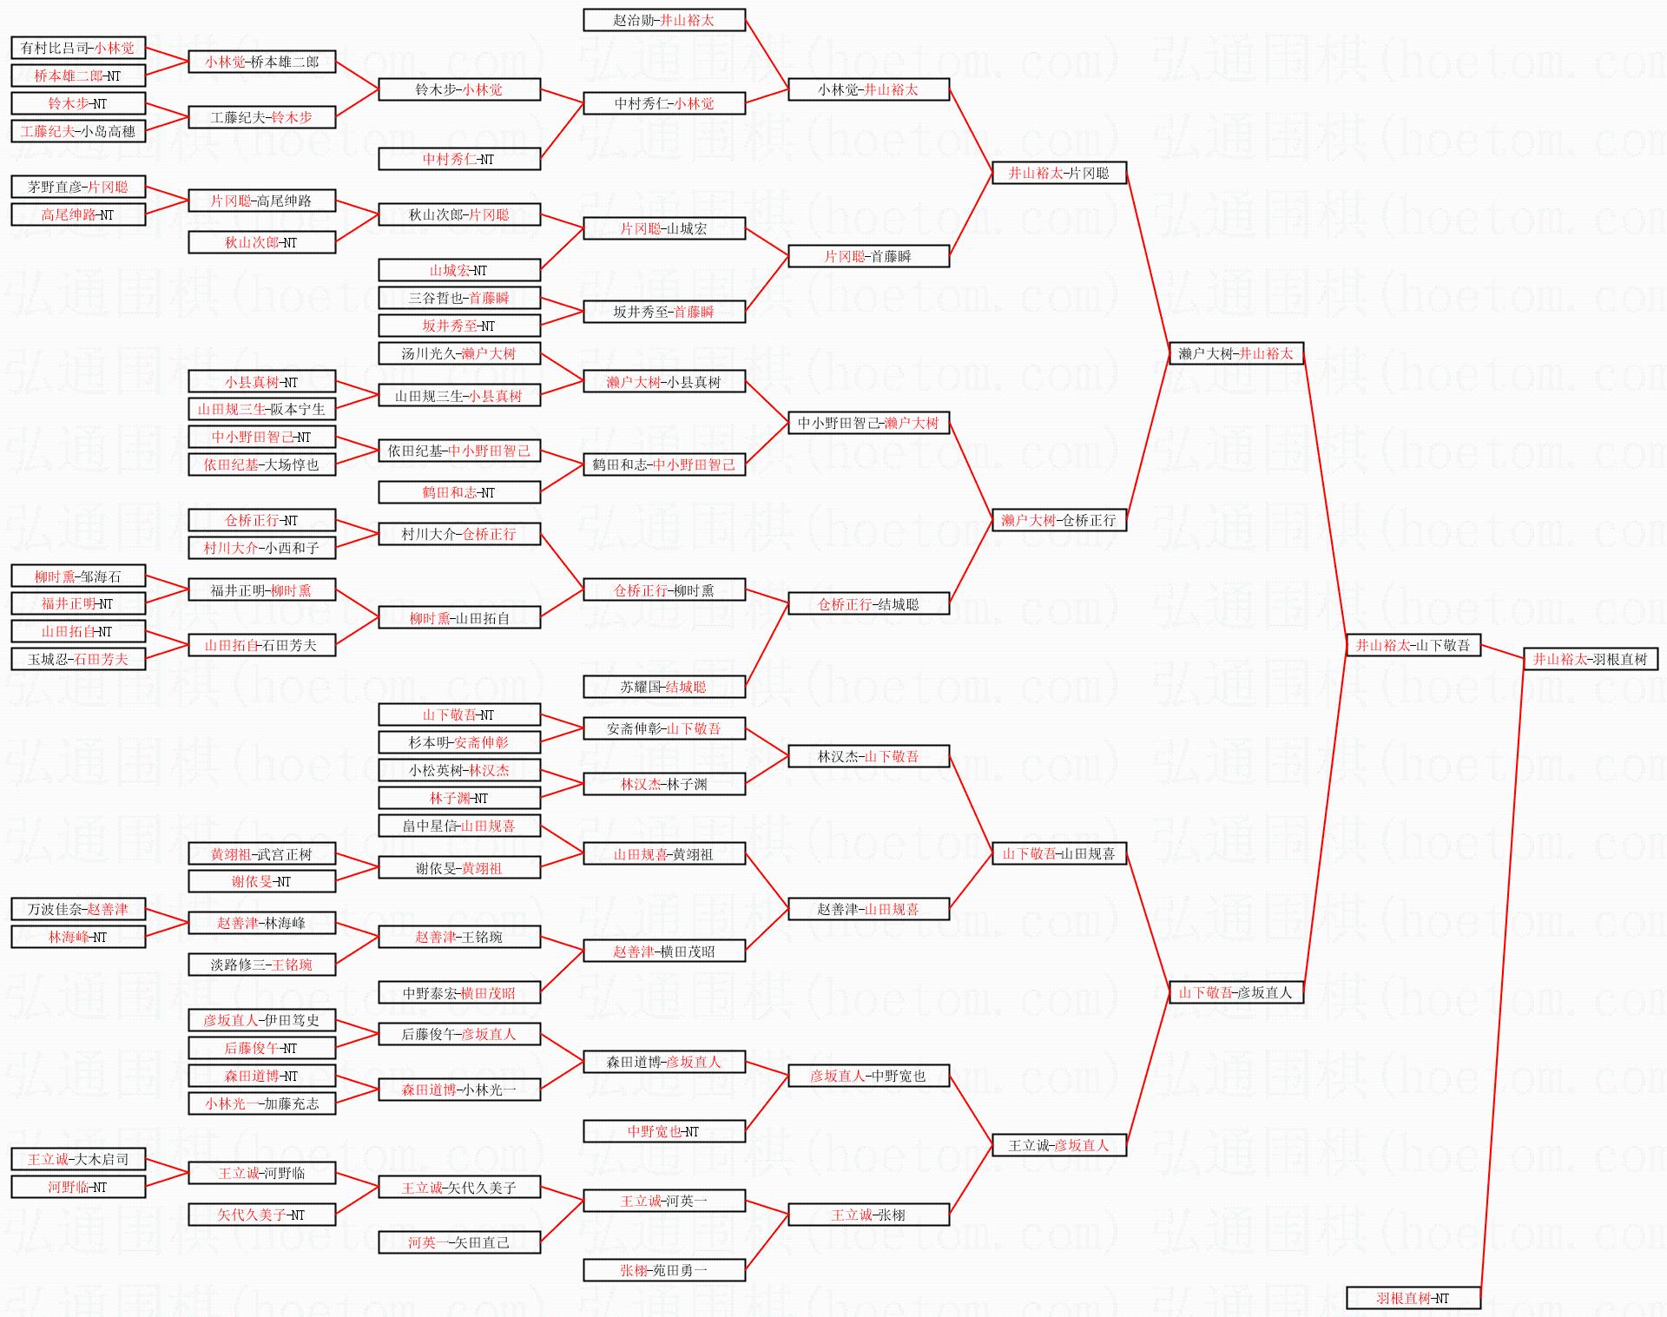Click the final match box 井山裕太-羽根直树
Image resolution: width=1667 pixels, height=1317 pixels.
pos(1591,659)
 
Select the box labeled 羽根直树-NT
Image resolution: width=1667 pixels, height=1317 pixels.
pos(1413,1298)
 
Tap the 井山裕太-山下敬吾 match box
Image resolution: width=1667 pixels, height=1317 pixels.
pos(1413,645)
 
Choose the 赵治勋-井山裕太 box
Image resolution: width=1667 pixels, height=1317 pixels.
pos(664,20)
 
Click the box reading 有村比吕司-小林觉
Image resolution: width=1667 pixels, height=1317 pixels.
pos(78,48)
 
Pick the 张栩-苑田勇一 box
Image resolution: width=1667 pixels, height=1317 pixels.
pos(664,1270)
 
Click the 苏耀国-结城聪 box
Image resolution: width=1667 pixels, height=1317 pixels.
pos(664,687)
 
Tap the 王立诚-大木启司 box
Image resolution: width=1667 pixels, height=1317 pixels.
pos(78,1159)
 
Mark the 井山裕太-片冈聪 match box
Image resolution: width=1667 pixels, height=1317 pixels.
pos(1059,173)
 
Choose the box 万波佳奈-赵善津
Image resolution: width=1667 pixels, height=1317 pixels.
pos(78,909)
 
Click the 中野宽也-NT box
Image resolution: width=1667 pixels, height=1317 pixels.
pos(664,1131)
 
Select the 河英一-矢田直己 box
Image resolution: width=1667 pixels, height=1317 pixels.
pos(459,1242)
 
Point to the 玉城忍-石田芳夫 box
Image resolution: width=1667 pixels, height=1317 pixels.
pos(78,659)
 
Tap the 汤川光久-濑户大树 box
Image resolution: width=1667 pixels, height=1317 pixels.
pos(459,353)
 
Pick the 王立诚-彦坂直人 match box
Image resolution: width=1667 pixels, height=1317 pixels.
pos(1059,1145)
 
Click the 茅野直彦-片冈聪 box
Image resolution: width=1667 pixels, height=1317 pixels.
pos(78,187)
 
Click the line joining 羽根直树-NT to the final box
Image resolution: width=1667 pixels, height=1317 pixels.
pos(1502,978)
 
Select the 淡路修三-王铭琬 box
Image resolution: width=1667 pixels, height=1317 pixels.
pos(261,965)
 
